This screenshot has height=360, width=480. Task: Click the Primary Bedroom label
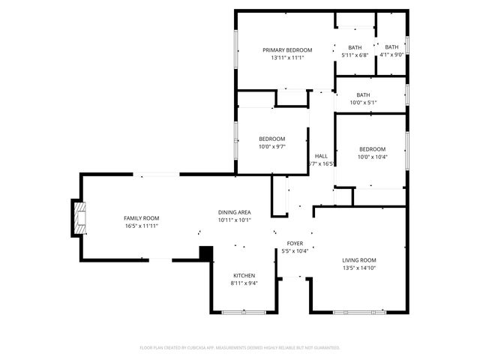tap(286, 50)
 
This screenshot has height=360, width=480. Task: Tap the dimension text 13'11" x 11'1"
tap(286, 58)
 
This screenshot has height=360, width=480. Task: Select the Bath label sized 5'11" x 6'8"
tap(355, 47)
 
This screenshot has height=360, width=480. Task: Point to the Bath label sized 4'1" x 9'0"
tap(391, 47)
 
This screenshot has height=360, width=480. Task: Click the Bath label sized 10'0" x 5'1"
tap(363, 95)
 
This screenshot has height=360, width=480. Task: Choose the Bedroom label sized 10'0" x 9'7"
tap(271, 139)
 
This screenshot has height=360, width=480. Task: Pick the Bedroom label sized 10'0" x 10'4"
tap(371, 149)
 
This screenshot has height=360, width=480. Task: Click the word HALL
tap(321, 156)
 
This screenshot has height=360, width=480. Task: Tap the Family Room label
tap(141, 218)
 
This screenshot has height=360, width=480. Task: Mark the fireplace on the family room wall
tap(80, 217)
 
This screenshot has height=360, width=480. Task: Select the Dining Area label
tap(234, 213)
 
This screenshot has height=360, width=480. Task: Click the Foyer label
tap(295, 244)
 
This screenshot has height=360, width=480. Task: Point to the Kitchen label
tap(244, 275)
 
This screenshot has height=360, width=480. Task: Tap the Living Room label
tap(358, 260)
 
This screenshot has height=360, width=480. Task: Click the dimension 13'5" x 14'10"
tap(358, 268)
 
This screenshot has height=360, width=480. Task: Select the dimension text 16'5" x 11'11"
tap(141, 226)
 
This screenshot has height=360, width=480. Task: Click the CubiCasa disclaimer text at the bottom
tap(240, 348)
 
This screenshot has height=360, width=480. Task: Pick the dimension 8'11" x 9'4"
tap(244, 283)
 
